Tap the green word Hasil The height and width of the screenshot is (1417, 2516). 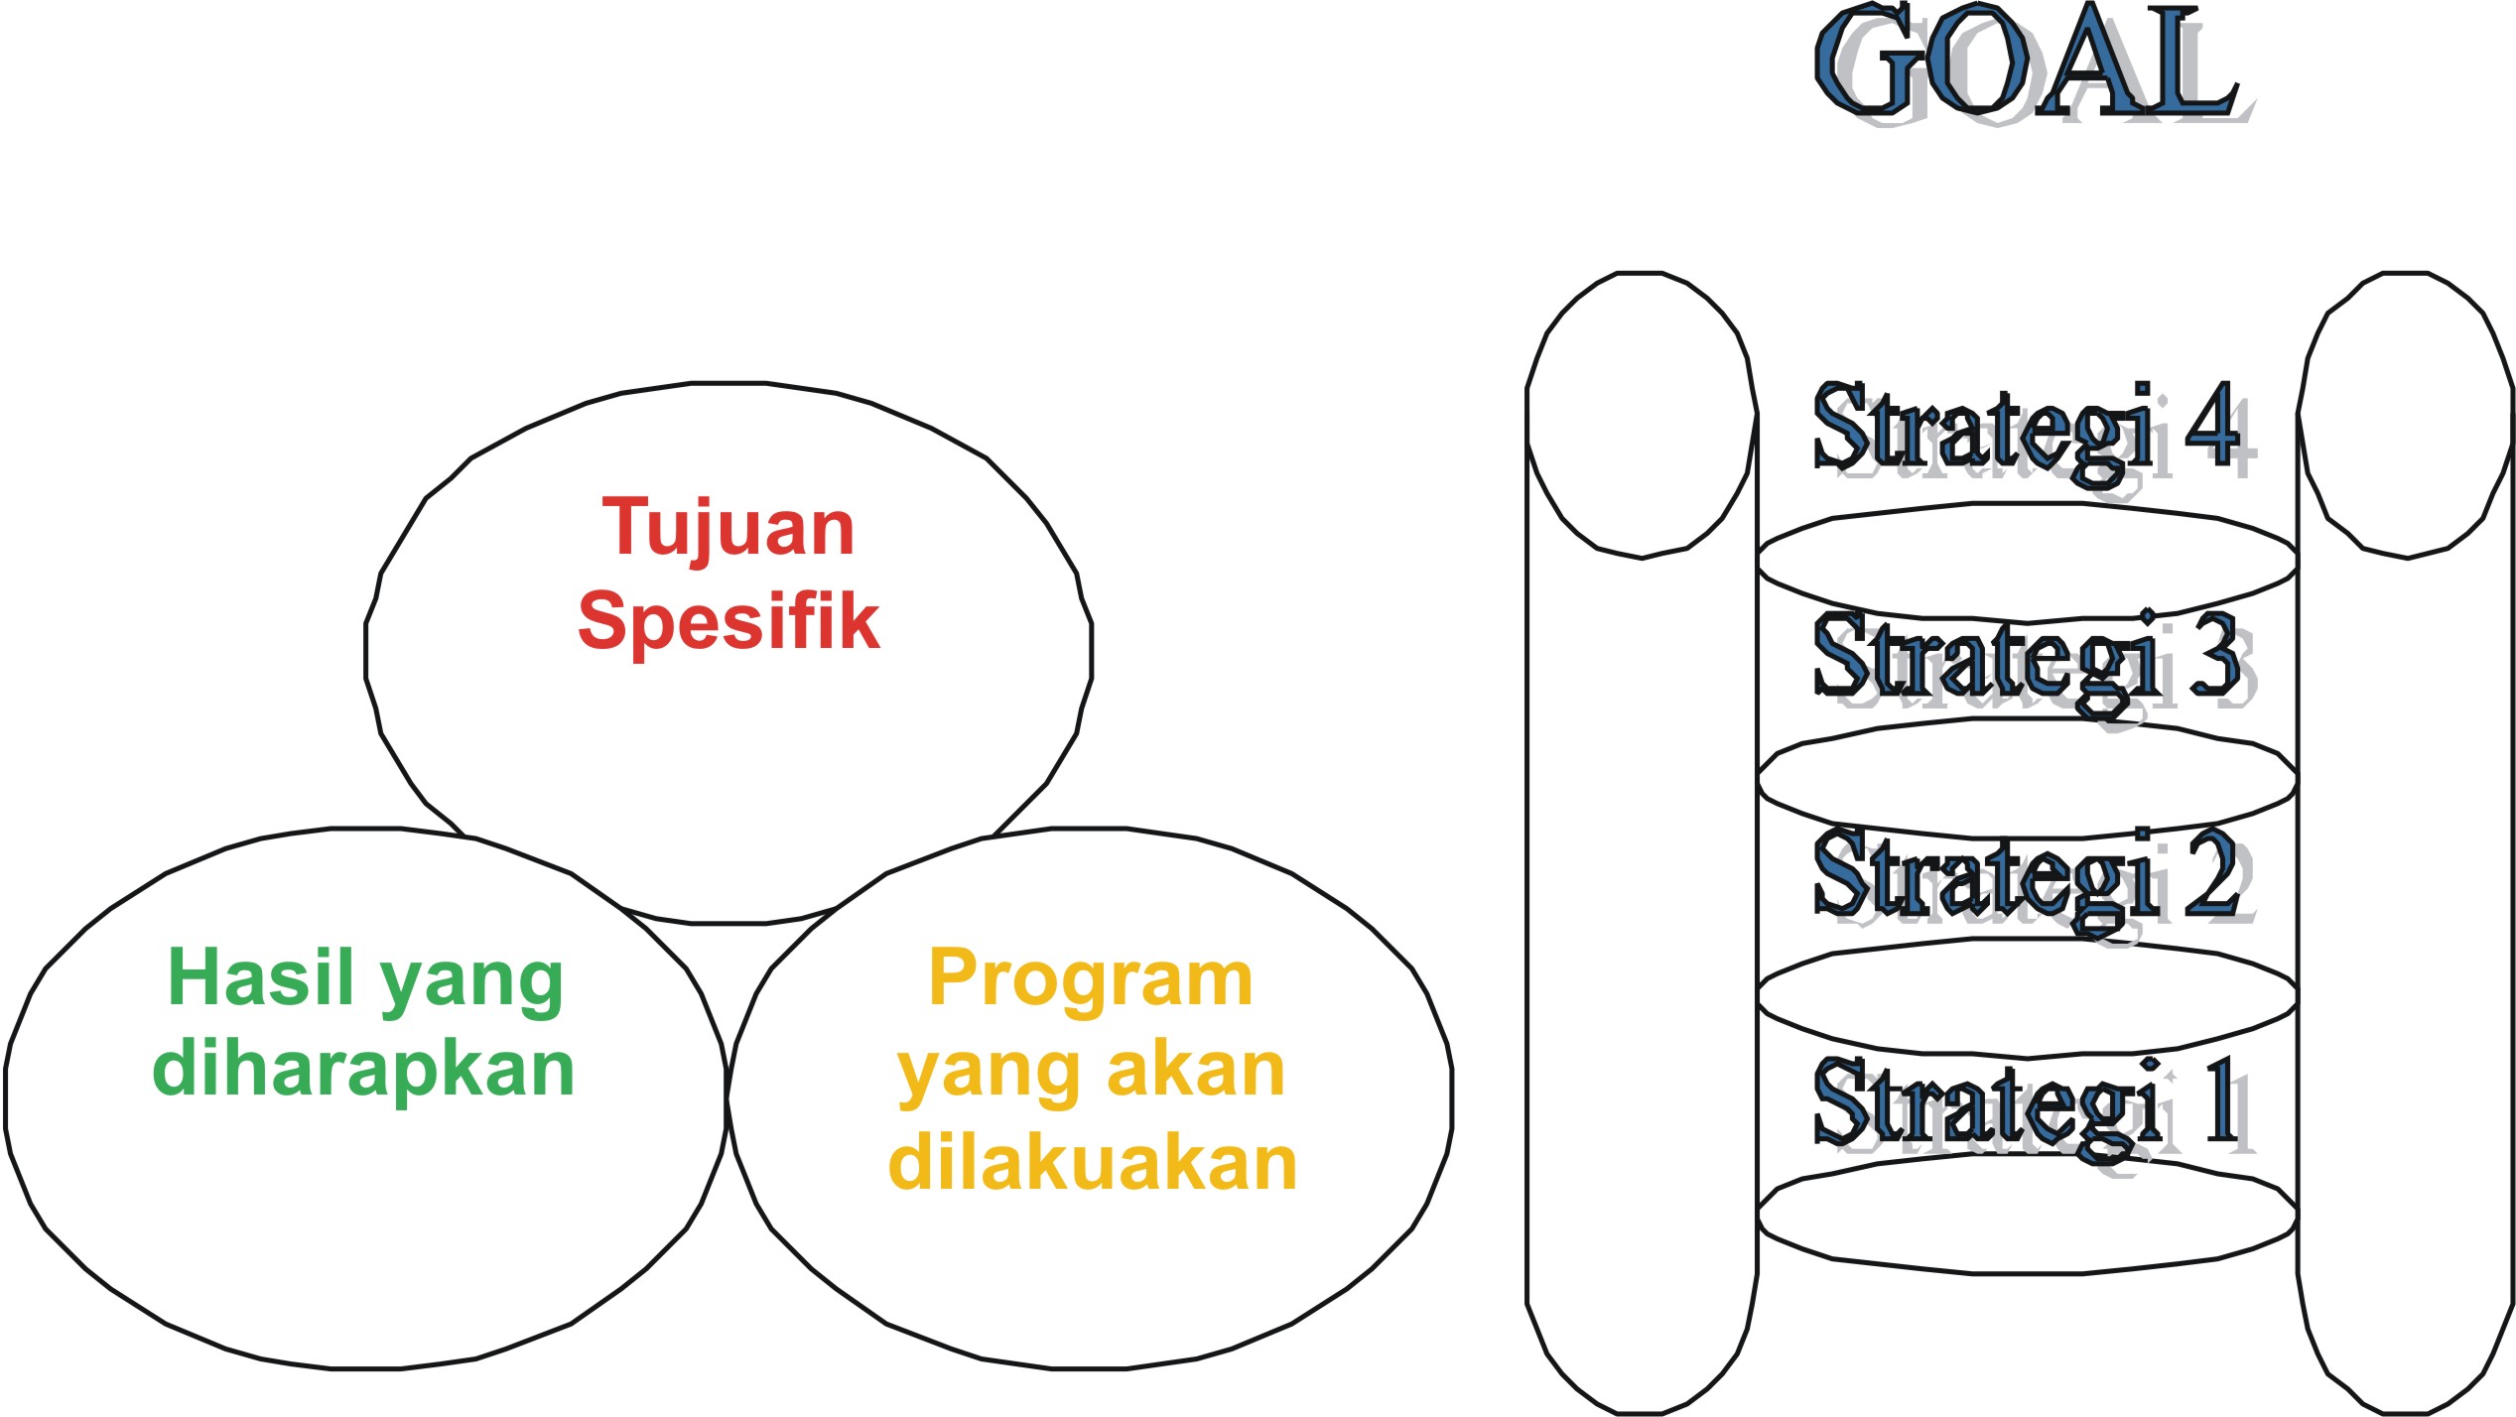tap(261, 977)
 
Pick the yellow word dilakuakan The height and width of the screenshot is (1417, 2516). tap(1093, 1162)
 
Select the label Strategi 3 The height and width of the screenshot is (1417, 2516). tap(2035, 663)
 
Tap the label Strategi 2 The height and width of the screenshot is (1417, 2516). tap(2035, 882)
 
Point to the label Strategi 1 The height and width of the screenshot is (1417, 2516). tap(2035, 1108)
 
